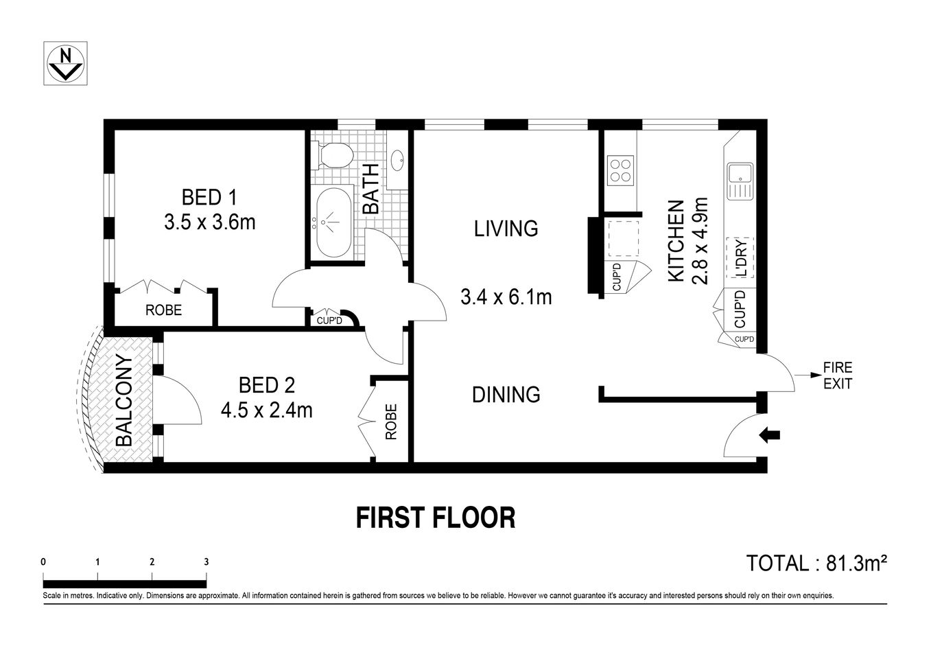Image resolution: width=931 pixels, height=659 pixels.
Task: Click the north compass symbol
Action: click(66, 63)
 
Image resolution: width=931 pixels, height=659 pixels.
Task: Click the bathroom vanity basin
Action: click(398, 161)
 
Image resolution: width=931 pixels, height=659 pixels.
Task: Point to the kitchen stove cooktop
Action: click(620, 170)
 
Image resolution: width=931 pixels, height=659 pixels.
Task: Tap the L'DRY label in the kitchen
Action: click(741, 257)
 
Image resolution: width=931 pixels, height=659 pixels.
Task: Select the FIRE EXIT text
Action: click(837, 376)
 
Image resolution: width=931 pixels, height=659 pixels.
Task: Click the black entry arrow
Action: click(770, 434)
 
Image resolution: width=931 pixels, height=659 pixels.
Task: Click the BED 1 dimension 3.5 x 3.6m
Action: click(209, 222)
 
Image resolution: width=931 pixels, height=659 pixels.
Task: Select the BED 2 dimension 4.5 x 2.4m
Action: click(266, 410)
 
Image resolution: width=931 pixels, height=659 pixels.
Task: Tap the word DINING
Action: click(506, 395)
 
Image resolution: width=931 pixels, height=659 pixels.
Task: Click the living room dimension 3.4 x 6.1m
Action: click(506, 297)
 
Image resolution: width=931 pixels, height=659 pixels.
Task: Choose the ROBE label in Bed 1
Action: click(163, 310)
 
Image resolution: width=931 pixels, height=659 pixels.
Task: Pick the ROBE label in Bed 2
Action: click(391, 421)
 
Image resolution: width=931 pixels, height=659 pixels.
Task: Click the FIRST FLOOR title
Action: click(436, 518)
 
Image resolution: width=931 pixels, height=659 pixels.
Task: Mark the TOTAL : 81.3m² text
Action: click(816, 564)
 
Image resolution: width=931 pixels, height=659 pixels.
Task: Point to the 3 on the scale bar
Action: click(206, 562)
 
